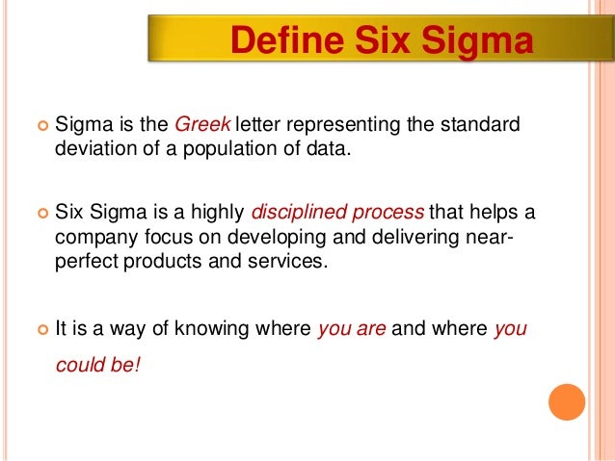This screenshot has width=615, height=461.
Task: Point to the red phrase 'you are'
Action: coord(352,327)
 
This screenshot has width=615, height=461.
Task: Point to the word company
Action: coord(90,237)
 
